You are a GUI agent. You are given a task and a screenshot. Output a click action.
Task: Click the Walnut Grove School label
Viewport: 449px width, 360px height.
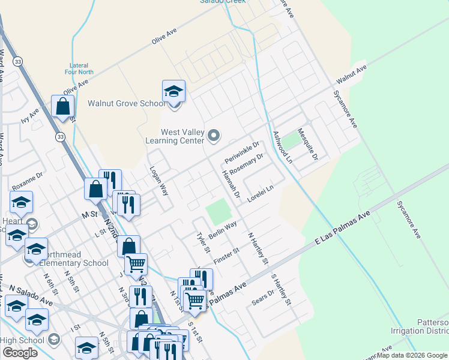click(x=126, y=103)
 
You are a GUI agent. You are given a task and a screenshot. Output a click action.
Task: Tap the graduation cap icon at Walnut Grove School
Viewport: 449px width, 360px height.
click(x=173, y=92)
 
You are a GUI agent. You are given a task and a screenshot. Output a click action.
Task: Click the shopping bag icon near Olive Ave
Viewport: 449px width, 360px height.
click(x=62, y=107)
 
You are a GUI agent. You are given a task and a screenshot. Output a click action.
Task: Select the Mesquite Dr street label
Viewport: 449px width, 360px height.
click(x=310, y=145)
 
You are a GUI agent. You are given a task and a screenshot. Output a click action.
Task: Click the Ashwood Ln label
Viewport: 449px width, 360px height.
click(x=282, y=148)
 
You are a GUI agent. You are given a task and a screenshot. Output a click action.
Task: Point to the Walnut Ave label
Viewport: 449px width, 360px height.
click(x=351, y=74)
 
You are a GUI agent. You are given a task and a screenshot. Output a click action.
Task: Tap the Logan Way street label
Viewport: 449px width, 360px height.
click(x=158, y=181)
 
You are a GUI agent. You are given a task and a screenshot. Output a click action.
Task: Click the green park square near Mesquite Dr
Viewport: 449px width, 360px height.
click(x=291, y=141)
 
